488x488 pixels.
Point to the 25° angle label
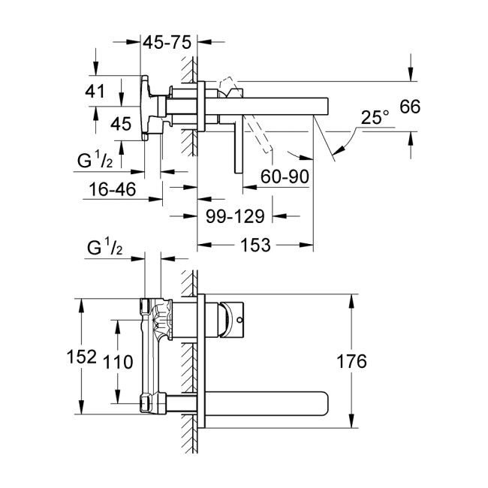375,118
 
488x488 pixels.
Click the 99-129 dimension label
234,217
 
